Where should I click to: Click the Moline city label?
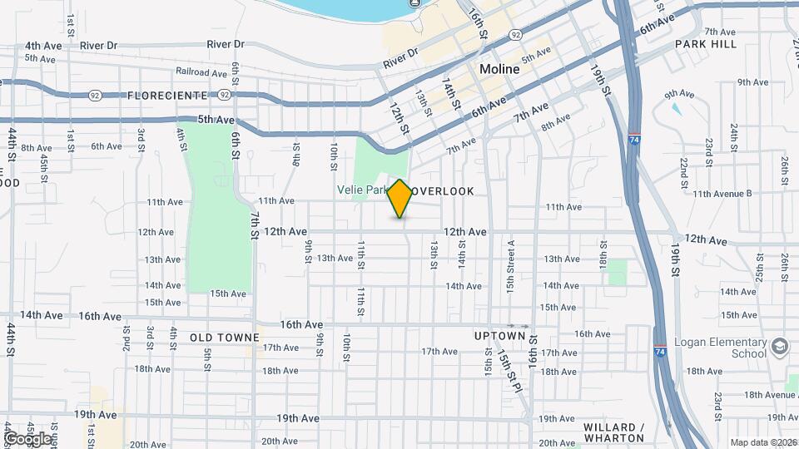pyautogui.click(x=499, y=70)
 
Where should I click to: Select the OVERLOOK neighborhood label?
pyautogui.click(x=444, y=191)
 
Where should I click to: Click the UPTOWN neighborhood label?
pyautogui.click(x=499, y=336)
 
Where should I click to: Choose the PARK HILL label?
pyautogui.click(x=706, y=44)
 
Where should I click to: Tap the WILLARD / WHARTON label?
pyautogui.click(x=614, y=432)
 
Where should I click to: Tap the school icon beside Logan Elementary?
pyautogui.click(x=779, y=346)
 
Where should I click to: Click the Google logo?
pyautogui.click(x=27, y=438)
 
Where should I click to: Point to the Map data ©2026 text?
pyautogui.click(x=763, y=442)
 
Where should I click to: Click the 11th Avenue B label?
pyautogui.click(x=722, y=194)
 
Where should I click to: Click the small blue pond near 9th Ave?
pyautogui.click(x=675, y=108)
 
